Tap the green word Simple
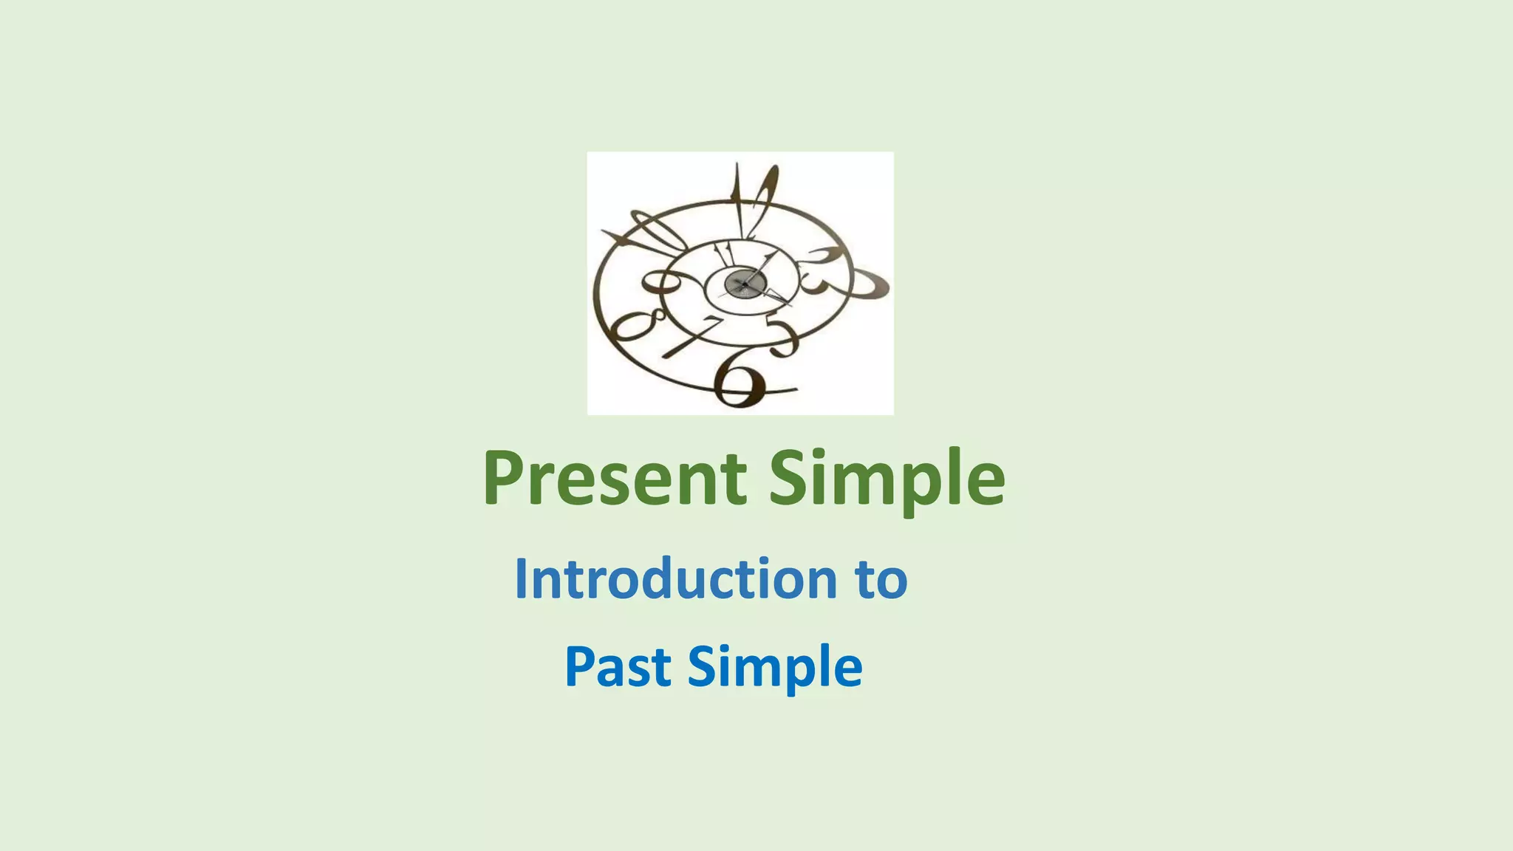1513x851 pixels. (887, 480)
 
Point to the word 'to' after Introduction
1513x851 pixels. (881, 580)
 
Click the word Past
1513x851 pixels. (618, 666)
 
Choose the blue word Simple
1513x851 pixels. (775, 668)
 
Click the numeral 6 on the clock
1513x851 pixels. (741, 380)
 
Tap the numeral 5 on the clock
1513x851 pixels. (783, 336)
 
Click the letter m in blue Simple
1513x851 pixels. (764, 668)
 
